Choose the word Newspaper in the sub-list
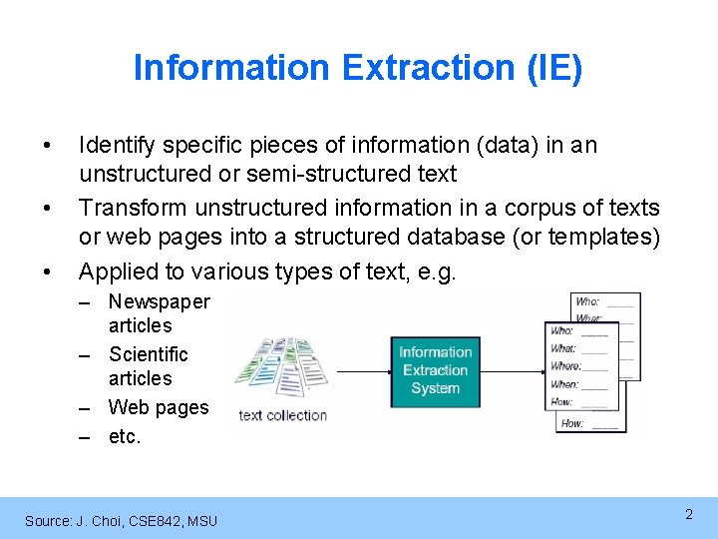[159, 301]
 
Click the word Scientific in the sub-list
[148, 354]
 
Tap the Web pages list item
[159, 407]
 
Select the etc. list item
[125, 436]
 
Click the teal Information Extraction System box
[435, 369]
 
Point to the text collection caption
[283, 415]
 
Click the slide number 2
[688, 514]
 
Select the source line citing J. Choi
[121, 520]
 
